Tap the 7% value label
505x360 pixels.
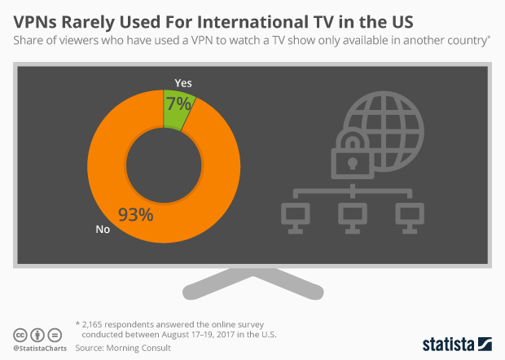(x=179, y=104)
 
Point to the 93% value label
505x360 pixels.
(x=135, y=215)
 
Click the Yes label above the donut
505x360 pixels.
(x=183, y=83)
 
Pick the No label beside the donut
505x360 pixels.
(x=103, y=229)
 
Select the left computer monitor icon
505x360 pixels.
(x=296, y=218)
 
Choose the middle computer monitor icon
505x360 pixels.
(x=353, y=218)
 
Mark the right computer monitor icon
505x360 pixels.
(x=410, y=218)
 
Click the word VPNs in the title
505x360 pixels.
(x=35, y=22)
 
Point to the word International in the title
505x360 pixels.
(x=253, y=22)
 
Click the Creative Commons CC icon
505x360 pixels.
(x=20, y=336)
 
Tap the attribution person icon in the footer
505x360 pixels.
(x=37, y=336)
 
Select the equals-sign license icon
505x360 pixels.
(x=55, y=336)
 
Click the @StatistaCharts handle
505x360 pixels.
(x=40, y=349)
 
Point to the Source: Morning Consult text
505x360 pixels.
(x=123, y=348)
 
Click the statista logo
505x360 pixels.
(x=457, y=345)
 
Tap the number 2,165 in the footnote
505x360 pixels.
(x=92, y=324)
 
